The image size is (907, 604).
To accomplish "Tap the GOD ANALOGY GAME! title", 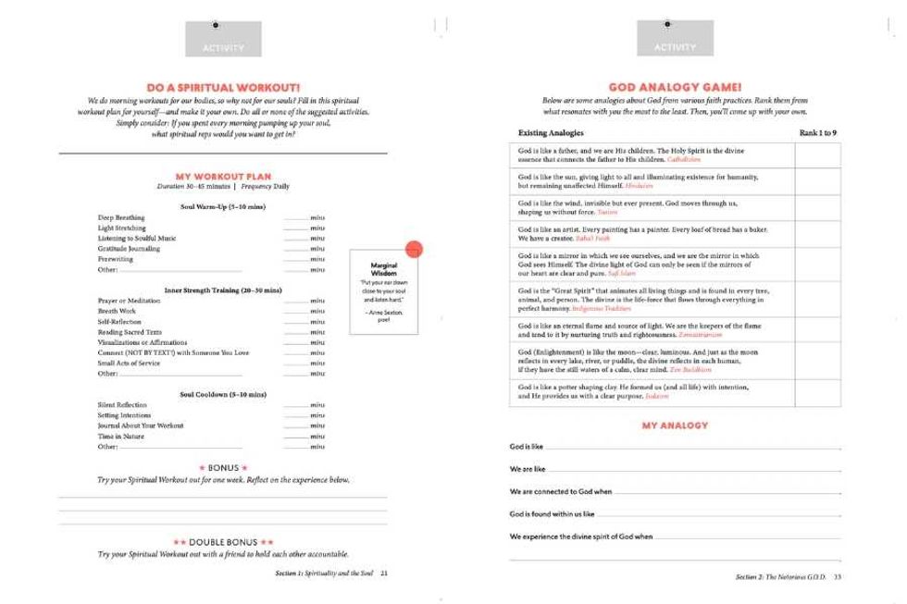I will click(674, 83).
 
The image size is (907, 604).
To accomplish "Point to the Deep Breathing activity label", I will click(120, 217).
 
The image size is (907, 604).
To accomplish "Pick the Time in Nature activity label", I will click(122, 436).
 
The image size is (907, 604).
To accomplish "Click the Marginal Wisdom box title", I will click(383, 269).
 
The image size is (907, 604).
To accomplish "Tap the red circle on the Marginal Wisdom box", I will click(414, 248).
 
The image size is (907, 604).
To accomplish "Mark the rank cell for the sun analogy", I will click(818, 181).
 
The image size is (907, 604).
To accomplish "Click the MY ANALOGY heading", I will click(674, 425).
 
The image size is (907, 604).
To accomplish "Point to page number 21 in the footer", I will click(383, 573).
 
